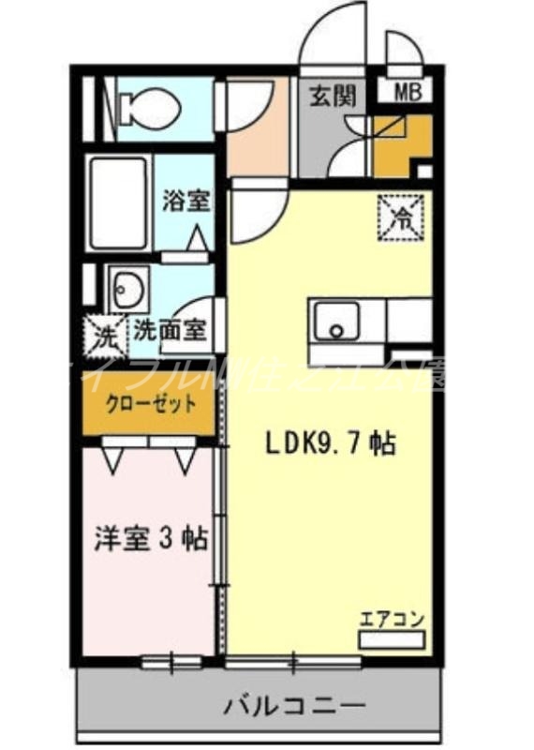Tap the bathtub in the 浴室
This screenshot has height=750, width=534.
(119, 202)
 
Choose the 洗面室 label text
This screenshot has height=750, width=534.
(170, 330)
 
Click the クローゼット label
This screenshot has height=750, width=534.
(151, 405)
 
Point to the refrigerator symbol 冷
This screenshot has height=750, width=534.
(401, 218)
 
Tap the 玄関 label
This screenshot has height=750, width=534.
(326, 96)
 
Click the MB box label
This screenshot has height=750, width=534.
(406, 93)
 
